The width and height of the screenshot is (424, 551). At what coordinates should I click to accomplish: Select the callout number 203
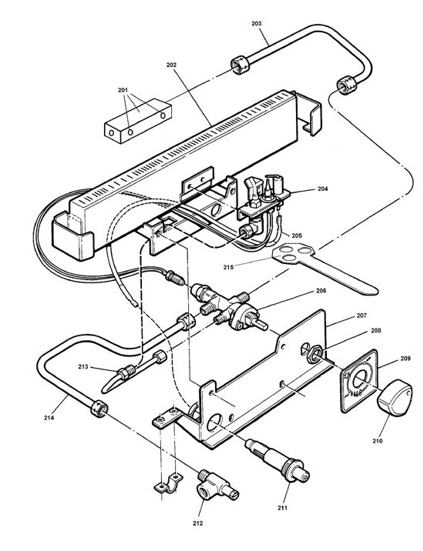pyautogui.click(x=256, y=24)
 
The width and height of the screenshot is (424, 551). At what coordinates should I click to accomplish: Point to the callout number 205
pyautogui.click(x=294, y=235)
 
